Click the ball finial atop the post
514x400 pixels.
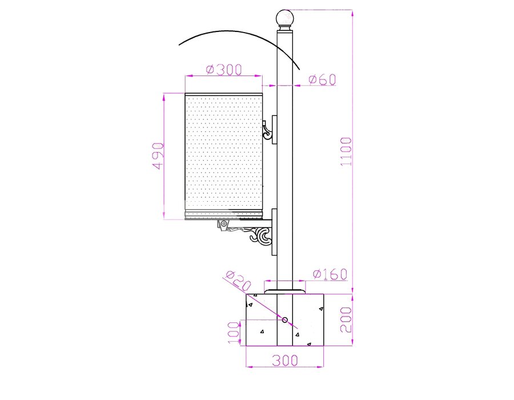[x=284, y=18]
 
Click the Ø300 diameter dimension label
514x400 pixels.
[x=224, y=70]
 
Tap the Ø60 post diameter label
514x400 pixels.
[x=322, y=79]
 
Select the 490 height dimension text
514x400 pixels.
[x=158, y=156]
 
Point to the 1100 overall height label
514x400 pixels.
[x=346, y=151]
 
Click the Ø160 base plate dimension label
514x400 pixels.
[x=330, y=274]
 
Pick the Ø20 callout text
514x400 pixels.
[x=238, y=281]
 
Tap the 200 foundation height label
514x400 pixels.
[x=346, y=319]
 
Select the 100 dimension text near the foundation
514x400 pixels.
[x=234, y=333]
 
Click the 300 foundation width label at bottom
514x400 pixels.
[x=285, y=361]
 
